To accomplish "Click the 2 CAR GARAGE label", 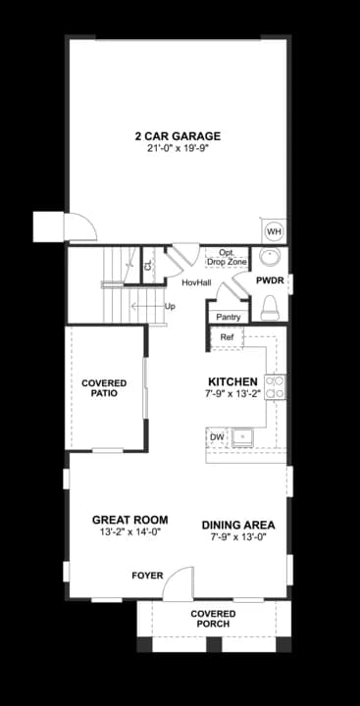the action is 178,135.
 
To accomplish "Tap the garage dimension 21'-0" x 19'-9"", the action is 178,148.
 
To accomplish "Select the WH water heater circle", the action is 274,231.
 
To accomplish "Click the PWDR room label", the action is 270,280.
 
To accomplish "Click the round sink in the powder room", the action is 270,258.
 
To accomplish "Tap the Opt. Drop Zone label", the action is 227,258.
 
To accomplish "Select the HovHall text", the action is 196,282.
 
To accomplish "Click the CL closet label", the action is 149,266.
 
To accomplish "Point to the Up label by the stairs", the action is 170,307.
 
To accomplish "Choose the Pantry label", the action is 229,317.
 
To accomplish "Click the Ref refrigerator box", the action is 227,337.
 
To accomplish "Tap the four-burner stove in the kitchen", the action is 276,387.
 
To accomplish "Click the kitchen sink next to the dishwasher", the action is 243,438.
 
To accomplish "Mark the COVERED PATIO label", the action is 104,388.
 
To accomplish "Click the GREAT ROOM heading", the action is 129,520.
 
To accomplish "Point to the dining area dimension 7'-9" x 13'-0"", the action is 238,537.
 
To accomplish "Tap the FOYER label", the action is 147,576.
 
